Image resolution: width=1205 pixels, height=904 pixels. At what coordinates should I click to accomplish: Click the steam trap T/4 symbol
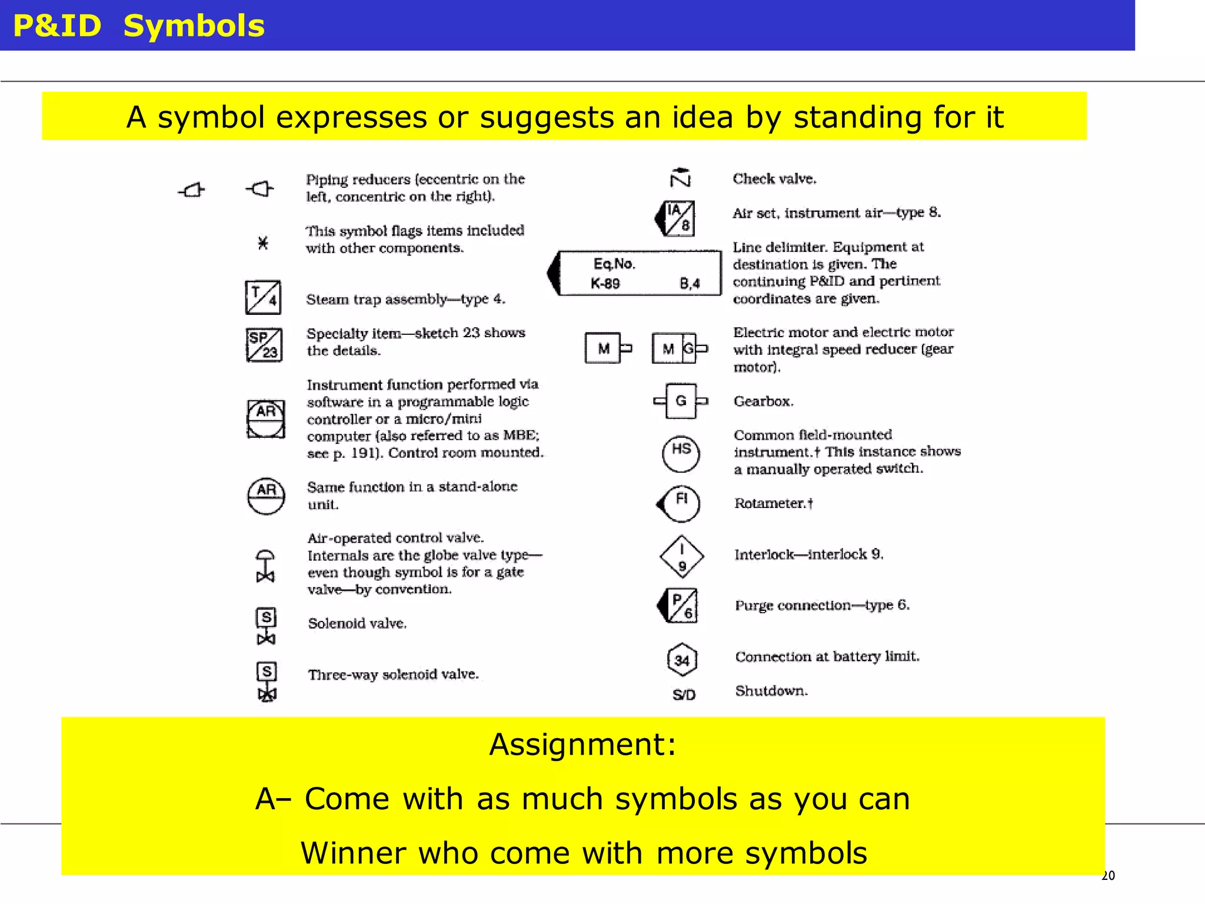[x=263, y=297]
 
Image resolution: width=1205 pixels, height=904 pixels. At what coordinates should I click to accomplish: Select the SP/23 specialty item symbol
[x=264, y=344]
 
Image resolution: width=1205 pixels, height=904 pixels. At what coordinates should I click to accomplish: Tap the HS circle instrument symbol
[x=681, y=453]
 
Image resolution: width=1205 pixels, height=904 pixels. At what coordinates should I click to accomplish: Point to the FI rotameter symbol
[x=680, y=504]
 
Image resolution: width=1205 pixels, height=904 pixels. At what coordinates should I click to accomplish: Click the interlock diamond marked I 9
[x=681, y=557]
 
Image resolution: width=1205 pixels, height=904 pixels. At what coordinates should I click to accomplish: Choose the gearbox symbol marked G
[x=681, y=401]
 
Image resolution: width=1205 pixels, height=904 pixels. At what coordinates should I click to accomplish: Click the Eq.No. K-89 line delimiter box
[x=638, y=273]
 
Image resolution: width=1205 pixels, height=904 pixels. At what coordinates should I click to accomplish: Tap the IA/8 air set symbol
[x=677, y=218]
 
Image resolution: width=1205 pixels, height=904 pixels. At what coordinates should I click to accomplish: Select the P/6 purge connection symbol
[x=680, y=606]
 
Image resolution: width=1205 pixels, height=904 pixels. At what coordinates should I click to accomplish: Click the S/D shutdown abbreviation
[x=684, y=695]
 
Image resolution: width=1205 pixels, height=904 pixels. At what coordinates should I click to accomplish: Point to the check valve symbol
[x=681, y=177]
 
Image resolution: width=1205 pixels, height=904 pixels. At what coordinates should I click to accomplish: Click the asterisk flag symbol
[x=263, y=242]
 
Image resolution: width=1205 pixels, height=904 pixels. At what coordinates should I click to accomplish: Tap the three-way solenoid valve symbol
[x=267, y=682]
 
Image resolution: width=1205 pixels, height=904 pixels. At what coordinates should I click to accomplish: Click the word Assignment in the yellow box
[x=582, y=744]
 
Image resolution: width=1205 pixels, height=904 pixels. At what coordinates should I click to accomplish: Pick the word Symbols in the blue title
[x=194, y=26]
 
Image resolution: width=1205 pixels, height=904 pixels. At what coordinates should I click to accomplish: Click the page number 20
[x=1108, y=876]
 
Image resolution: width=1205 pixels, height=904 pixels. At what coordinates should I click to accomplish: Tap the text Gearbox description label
[x=763, y=401]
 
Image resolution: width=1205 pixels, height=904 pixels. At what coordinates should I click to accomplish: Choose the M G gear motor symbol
[x=678, y=348]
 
